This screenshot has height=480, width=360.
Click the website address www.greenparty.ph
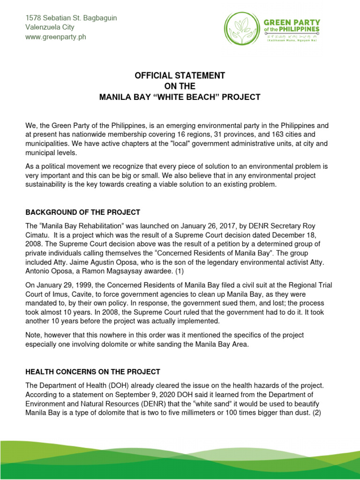click(x=56, y=37)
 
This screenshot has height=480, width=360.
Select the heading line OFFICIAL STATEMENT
click(x=180, y=75)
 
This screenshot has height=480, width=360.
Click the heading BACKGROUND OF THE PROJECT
click(x=82, y=212)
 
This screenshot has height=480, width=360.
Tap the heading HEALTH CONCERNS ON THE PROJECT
click(x=93, y=372)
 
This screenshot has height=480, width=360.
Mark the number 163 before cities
click(x=278, y=135)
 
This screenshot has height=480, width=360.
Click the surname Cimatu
click(x=38, y=234)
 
